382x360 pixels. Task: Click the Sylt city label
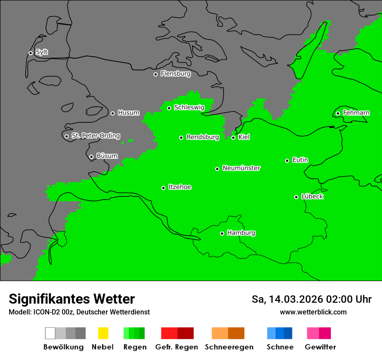coord(42,52)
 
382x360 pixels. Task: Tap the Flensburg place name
coord(175,74)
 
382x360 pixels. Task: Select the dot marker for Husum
coord(112,113)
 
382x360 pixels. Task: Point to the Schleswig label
coord(189,108)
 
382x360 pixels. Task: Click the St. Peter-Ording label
coord(95,136)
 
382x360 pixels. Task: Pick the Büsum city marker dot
coord(91,157)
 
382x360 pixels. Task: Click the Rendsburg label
coord(203,137)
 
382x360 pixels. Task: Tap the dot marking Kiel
coord(233,137)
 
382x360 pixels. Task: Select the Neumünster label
coord(241,168)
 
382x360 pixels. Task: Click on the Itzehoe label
coord(180,187)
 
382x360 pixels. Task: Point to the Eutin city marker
coord(287,160)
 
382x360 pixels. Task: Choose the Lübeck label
coord(312,196)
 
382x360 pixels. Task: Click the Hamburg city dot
coord(222,233)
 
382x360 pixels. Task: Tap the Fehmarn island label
coord(356,113)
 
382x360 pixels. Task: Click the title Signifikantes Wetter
coord(72,299)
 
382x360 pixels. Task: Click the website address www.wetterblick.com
coord(313,312)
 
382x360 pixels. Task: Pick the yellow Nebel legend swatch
coord(103,333)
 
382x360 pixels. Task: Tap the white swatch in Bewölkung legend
coord(50,333)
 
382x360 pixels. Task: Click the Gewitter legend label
coord(320,347)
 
